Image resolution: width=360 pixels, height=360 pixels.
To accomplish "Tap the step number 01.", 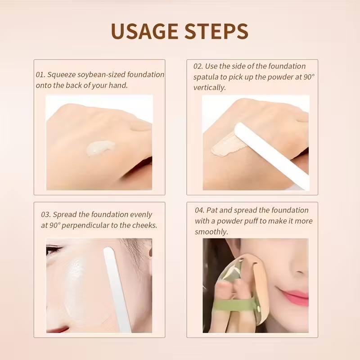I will (40, 75).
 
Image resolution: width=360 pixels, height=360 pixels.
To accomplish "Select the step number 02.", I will (198, 66).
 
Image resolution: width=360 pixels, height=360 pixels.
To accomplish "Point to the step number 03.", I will (46, 215).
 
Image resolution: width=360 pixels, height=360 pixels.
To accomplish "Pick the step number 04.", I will (200, 210).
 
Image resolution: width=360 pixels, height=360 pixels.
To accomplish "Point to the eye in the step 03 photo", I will (54, 249).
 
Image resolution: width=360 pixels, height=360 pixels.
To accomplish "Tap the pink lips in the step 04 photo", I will (295, 296).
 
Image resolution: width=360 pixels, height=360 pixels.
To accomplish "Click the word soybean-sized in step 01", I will (98, 75).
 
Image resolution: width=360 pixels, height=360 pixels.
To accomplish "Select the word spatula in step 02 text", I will (207, 77).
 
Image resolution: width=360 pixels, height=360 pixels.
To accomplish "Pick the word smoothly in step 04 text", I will (211, 232).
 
